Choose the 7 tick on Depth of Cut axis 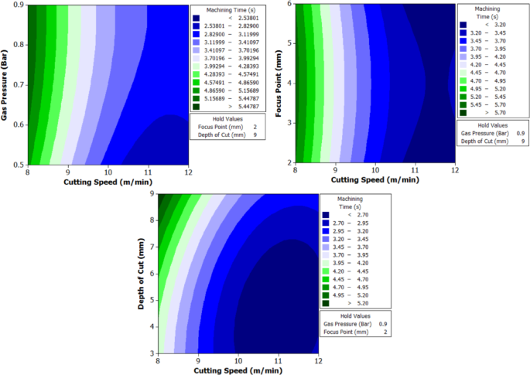pyautogui.click(x=152, y=247)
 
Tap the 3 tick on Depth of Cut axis pyautogui.click(x=152, y=353)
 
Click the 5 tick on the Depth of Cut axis pyautogui.click(x=152, y=300)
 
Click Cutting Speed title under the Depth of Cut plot pyautogui.click(x=237, y=370)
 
